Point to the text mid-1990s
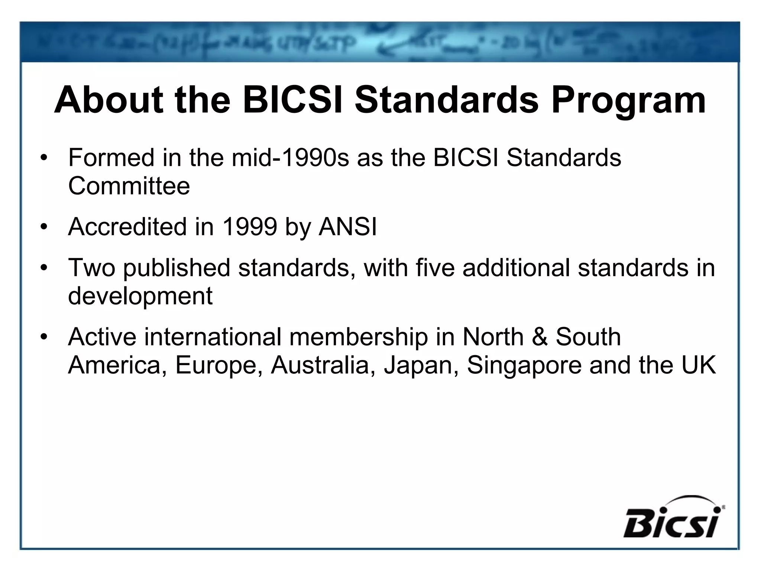coord(290,158)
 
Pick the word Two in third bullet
coord(91,268)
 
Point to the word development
coord(140,296)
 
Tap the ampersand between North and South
coord(540,337)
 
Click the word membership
coord(359,337)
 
